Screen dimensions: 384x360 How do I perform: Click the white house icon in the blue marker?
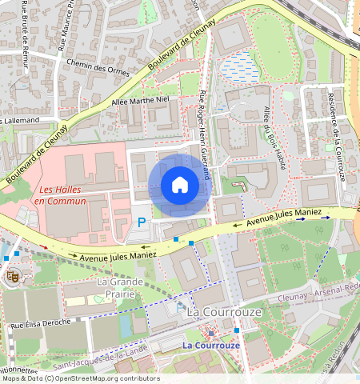tap(180, 186)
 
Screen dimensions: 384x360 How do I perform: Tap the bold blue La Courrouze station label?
tap(211, 345)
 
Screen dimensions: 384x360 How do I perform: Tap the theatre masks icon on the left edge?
tap(13, 277)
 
